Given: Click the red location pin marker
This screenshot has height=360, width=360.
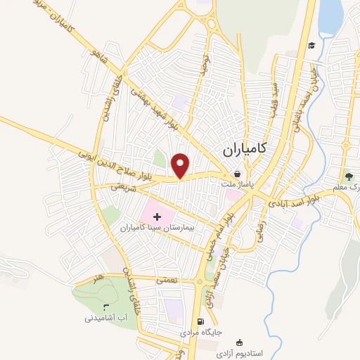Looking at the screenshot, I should pos(181,165).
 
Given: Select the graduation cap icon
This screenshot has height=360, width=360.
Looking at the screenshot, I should pos(310,46).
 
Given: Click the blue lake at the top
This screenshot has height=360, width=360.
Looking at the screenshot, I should pos(330,18).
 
